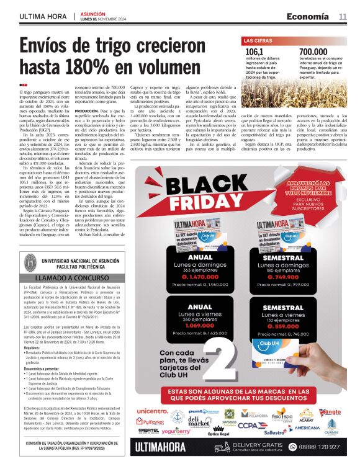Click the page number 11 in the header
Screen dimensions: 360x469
click(x=342, y=16)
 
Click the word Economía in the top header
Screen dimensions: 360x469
click(x=308, y=16)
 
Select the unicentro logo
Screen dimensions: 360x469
click(x=152, y=411)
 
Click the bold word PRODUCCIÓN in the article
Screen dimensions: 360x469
click(x=86, y=111)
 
